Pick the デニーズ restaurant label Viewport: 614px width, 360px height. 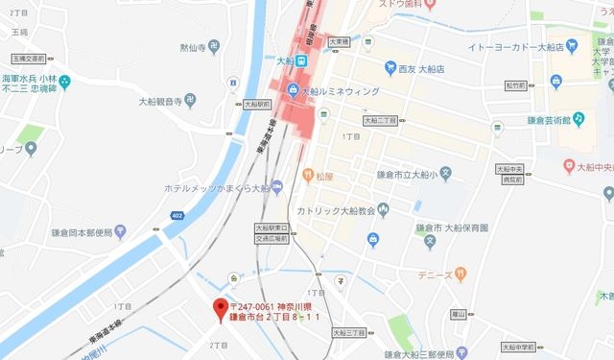[x=440, y=275]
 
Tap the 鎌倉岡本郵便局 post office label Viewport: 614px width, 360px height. [x=87, y=232]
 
